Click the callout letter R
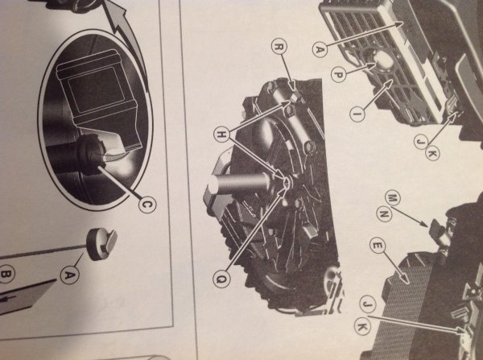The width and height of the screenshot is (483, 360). click(279, 48)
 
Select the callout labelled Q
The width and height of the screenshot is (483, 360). click(221, 279)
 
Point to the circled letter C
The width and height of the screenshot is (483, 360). click(147, 205)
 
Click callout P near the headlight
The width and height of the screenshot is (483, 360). click(339, 75)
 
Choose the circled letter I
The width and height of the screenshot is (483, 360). click(357, 114)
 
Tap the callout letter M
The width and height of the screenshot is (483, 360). click(392, 198)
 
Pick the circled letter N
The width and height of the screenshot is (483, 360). click(384, 213)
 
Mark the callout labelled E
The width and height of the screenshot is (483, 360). click(378, 246)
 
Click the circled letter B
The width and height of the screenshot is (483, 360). click(7, 274)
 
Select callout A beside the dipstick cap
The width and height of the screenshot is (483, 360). click(69, 275)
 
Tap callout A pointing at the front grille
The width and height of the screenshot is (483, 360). click(320, 49)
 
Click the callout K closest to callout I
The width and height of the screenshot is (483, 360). click(432, 153)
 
